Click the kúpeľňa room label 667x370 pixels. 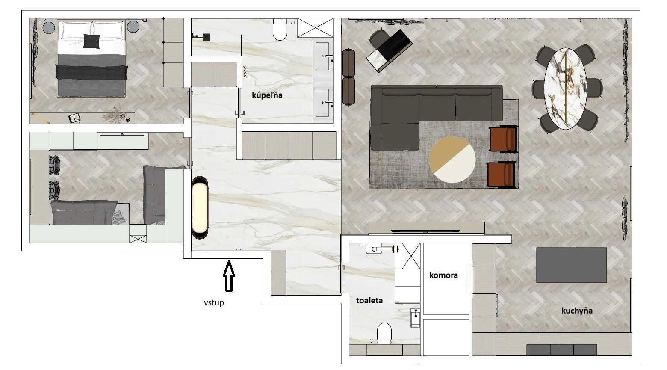267,95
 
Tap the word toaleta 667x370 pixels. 369,300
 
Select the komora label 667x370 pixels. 443,275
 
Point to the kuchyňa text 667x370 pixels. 577,311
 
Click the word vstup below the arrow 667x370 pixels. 214,303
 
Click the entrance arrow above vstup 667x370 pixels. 229,275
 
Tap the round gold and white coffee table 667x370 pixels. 452,160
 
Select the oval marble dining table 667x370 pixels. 565,89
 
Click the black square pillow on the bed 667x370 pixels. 91,41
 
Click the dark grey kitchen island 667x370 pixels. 571,265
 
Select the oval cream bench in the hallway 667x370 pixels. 200,207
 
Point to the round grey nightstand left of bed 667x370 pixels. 49,27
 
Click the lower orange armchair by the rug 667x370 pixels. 502,175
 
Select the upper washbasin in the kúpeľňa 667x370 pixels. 323,56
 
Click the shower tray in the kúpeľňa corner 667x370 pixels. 316,28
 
